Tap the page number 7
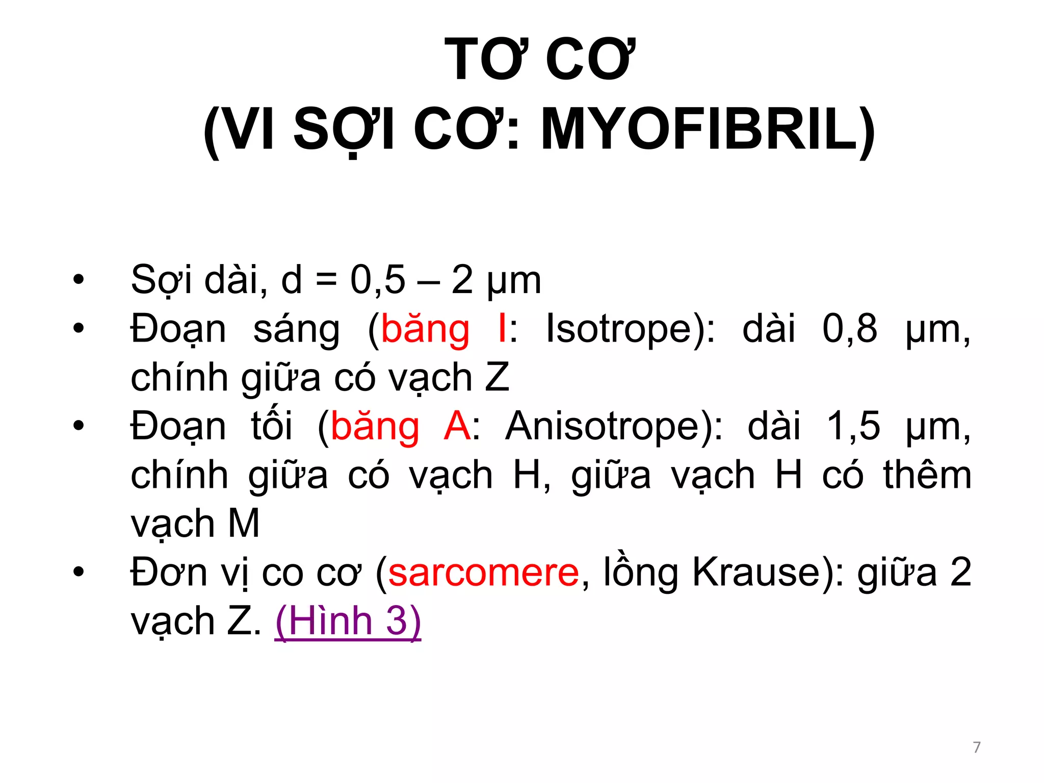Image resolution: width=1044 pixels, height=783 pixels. (x=976, y=747)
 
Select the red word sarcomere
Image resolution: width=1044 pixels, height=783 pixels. (x=483, y=572)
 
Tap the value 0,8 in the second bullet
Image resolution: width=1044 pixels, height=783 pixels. (x=849, y=329)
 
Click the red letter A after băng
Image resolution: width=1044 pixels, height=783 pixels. (x=457, y=426)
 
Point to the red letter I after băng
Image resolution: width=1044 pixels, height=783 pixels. (x=503, y=329)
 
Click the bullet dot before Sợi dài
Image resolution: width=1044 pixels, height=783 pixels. (x=78, y=280)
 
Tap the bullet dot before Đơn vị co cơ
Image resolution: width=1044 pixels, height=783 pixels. (x=78, y=572)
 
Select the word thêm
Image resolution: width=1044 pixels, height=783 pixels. (x=927, y=475)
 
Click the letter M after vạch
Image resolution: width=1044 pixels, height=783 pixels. (x=244, y=524)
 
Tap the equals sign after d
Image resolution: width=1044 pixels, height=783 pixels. (x=326, y=281)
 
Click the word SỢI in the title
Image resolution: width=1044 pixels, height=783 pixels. (x=344, y=131)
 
